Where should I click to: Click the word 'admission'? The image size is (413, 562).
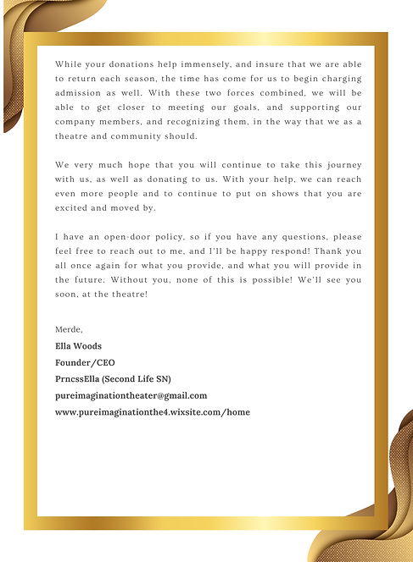tap(79, 100)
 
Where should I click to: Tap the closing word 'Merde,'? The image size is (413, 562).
tap(69, 328)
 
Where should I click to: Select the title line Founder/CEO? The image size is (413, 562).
tap(85, 362)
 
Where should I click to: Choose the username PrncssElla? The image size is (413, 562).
tap(83, 378)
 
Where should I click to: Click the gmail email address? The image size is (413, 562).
tap(131, 395)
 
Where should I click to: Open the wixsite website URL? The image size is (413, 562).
tap(152, 412)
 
